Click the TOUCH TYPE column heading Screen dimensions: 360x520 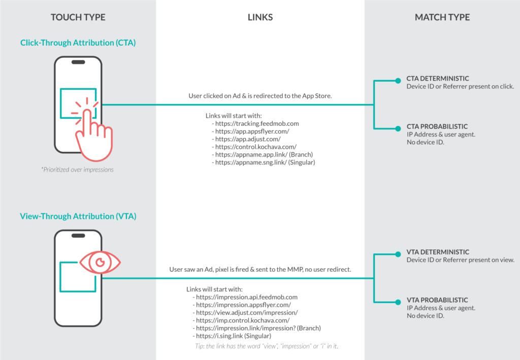click(78, 17)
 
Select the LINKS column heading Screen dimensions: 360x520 click(260, 17)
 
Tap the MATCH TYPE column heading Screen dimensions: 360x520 click(442, 17)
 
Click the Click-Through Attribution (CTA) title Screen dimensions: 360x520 click(78, 43)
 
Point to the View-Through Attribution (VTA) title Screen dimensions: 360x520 click(78, 216)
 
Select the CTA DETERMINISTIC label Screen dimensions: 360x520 click(437, 79)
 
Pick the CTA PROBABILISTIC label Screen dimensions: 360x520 click(437, 126)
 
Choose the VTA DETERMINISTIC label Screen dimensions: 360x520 click(437, 252)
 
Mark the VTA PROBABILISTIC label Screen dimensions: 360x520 click(437, 300)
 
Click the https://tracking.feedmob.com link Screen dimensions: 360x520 click(257, 124)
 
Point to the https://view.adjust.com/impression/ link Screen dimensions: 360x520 click(247, 313)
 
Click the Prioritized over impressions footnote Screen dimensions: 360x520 click(78, 170)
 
